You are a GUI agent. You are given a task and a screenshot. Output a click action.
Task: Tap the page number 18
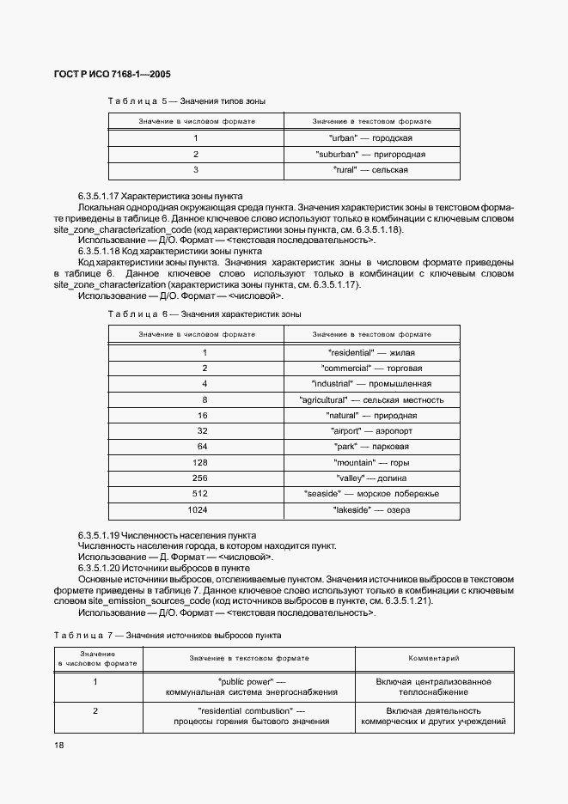(59, 746)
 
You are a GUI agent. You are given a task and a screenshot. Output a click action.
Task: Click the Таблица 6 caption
(205, 314)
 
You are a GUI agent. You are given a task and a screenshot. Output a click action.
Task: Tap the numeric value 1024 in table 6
(204, 509)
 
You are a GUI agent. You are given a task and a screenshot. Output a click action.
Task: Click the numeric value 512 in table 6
(204, 494)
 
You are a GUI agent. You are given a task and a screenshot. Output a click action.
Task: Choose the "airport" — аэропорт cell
(371, 430)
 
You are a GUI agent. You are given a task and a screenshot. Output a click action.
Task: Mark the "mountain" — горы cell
(371, 462)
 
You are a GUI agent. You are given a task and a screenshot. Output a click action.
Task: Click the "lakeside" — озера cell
(371, 509)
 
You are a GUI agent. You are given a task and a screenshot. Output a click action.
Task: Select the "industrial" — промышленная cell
(371, 383)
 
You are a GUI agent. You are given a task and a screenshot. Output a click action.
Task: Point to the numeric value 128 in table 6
(204, 462)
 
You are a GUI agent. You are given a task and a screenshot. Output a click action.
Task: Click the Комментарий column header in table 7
(434, 658)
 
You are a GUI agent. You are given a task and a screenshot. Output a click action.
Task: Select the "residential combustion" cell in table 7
(252, 716)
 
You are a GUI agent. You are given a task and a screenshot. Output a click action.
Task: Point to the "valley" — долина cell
(371, 478)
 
